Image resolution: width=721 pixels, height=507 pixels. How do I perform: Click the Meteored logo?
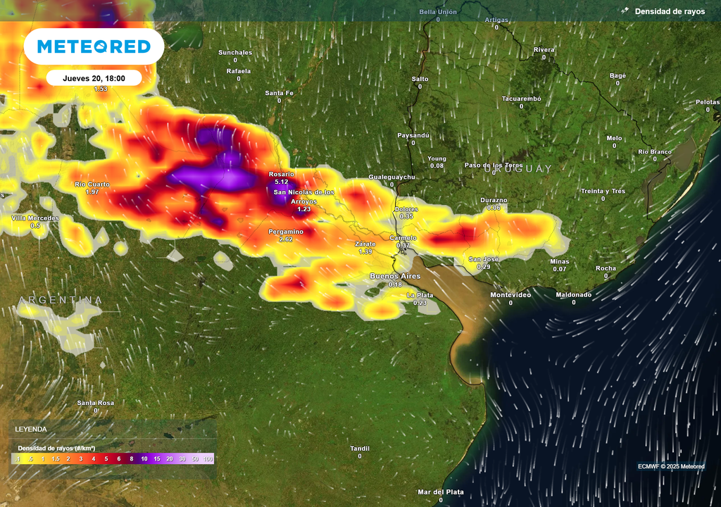[94, 46]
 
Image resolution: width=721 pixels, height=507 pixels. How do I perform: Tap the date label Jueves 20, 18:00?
[94, 78]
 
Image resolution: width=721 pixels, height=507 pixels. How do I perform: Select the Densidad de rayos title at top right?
[669, 11]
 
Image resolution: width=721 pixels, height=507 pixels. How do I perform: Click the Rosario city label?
[281, 174]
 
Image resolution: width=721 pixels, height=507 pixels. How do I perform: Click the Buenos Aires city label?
[395, 276]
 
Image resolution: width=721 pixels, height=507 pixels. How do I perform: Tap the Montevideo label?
[510, 294]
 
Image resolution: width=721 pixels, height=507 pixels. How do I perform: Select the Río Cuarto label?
[92, 184]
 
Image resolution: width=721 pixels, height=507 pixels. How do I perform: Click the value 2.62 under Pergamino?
[286, 239]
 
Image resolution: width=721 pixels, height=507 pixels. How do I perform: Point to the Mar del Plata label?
[441, 492]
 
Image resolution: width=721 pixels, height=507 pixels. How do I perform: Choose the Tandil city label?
[360, 448]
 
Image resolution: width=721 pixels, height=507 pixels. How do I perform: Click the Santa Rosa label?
[96, 403]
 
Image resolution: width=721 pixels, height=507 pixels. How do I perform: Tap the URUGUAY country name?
[518, 169]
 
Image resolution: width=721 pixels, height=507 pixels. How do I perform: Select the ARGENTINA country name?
[61, 301]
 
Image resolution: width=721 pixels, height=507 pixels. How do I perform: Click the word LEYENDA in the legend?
[31, 429]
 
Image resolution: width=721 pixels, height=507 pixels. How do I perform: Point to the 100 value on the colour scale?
[208, 459]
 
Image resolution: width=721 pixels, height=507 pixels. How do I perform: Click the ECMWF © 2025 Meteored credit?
[671, 466]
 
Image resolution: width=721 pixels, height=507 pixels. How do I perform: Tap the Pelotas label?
[708, 102]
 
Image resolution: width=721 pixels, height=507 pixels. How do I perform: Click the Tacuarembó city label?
[521, 99]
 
